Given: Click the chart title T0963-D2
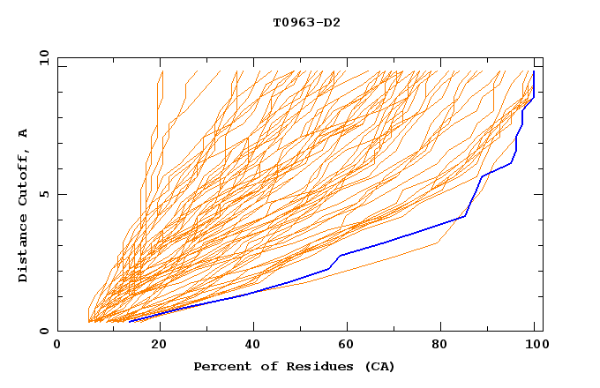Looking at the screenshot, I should coord(306,22).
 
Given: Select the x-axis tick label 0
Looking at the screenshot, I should coord(57,345).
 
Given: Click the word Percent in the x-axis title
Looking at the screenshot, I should coord(218,367).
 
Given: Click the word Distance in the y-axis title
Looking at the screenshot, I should coord(24,250).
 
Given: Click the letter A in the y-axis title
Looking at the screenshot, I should coord(24,133).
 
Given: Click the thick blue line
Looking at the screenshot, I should coord(397,238).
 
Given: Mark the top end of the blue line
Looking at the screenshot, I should coord(534,71).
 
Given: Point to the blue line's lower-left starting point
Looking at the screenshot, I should coord(129,321).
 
